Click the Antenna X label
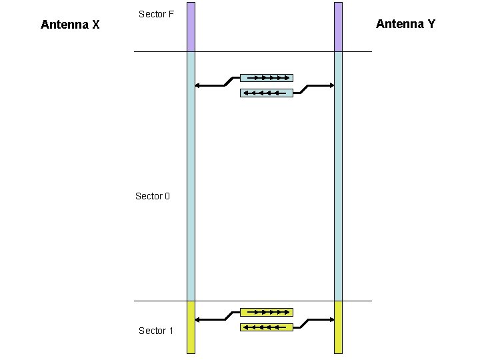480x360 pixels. [70, 25]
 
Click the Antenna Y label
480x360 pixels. [405, 24]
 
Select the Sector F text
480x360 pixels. [157, 14]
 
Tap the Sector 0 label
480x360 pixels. [153, 196]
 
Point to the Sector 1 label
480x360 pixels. [156, 331]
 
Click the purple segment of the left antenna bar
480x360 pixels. [191, 27]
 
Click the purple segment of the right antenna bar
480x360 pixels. [338, 27]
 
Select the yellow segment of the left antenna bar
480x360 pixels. [191, 327]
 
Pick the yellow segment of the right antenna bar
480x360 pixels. [338, 327]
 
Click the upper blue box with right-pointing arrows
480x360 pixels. [267, 77]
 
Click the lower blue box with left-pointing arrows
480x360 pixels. [267, 93]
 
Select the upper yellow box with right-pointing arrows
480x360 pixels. [267, 311]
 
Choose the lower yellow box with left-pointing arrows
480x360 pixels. [267, 327]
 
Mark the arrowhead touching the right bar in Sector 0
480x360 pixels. [331, 85]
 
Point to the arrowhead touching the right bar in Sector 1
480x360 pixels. [331, 319]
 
